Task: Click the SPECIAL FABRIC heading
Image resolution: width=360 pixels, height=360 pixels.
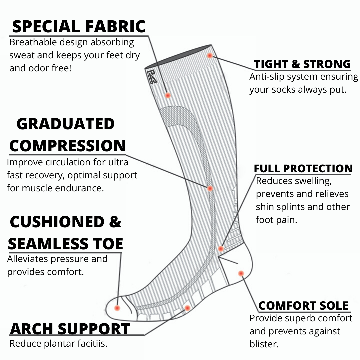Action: point(79,26)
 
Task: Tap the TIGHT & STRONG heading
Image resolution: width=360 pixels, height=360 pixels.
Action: point(302,64)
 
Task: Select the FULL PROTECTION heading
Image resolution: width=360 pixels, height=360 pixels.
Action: point(303,168)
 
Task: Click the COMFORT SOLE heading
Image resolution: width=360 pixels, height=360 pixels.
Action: point(303,305)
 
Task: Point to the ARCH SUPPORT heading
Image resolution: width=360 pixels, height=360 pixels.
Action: point(70,329)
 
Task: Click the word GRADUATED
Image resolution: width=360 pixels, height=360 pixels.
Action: point(66,124)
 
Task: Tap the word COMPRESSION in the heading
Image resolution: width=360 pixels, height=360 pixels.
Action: point(68,146)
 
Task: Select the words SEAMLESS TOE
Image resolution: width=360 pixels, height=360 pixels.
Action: point(65,244)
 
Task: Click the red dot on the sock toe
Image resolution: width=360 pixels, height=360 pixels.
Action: point(117,308)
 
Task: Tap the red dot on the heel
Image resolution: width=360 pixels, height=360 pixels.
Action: point(241,273)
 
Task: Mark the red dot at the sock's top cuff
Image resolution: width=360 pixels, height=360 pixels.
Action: point(210,56)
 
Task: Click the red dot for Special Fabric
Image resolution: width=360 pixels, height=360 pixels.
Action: point(168,95)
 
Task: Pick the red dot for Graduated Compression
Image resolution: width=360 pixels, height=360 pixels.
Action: point(210,188)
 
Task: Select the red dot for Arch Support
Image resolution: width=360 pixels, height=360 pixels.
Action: point(187,308)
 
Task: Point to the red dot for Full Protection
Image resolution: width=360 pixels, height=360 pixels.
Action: point(221,249)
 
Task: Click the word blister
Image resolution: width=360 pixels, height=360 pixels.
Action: point(264,344)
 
